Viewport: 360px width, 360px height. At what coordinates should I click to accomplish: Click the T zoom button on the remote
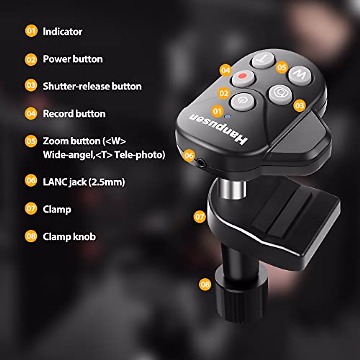pyautogui.click(x=263, y=60)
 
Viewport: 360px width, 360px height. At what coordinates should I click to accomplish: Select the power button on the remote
pyautogui.click(x=242, y=101)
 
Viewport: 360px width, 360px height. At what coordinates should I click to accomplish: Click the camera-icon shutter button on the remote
pyautogui.click(x=280, y=94)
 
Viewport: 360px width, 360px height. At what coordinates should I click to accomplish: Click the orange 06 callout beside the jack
pyautogui.click(x=189, y=155)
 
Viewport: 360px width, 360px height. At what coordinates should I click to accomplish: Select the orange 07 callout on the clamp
pyautogui.click(x=199, y=217)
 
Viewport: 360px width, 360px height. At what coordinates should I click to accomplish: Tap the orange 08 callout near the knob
pyautogui.click(x=205, y=284)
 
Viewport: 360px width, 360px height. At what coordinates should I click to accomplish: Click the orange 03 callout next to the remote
pyautogui.click(x=299, y=105)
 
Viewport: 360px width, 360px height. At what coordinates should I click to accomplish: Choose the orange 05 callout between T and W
pyautogui.click(x=282, y=67)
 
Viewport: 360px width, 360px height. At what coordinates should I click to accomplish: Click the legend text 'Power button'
pyautogui.click(x=73, y=59)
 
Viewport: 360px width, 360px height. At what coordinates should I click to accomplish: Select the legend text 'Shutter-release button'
pyautogui.click(x=92, y=86)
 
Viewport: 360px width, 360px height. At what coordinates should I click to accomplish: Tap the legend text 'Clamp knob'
pyautogui.click(x=69, y=237)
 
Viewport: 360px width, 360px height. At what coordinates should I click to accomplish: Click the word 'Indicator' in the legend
pyautogui.click(x=62, y=32)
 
